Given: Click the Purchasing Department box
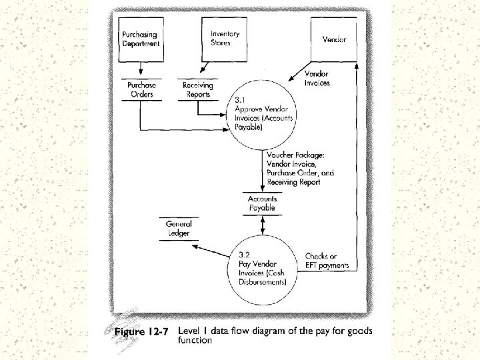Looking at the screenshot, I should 141,40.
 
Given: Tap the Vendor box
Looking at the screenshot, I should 334,40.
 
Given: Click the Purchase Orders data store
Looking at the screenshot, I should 141,90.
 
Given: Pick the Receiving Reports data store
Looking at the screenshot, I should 198,90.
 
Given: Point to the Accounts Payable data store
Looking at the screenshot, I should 262,203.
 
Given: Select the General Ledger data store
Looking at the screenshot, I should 178,229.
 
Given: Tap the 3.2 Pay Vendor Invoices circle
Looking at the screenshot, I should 262,267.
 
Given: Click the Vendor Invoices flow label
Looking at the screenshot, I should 317,78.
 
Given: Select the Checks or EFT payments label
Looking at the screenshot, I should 327,261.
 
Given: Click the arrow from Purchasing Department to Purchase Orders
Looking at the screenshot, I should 141,69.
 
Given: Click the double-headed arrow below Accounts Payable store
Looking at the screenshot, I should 262,225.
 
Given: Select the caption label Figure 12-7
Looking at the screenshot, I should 142,331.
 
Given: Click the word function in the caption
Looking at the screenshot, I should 195,340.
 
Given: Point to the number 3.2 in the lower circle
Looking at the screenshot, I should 245,255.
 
